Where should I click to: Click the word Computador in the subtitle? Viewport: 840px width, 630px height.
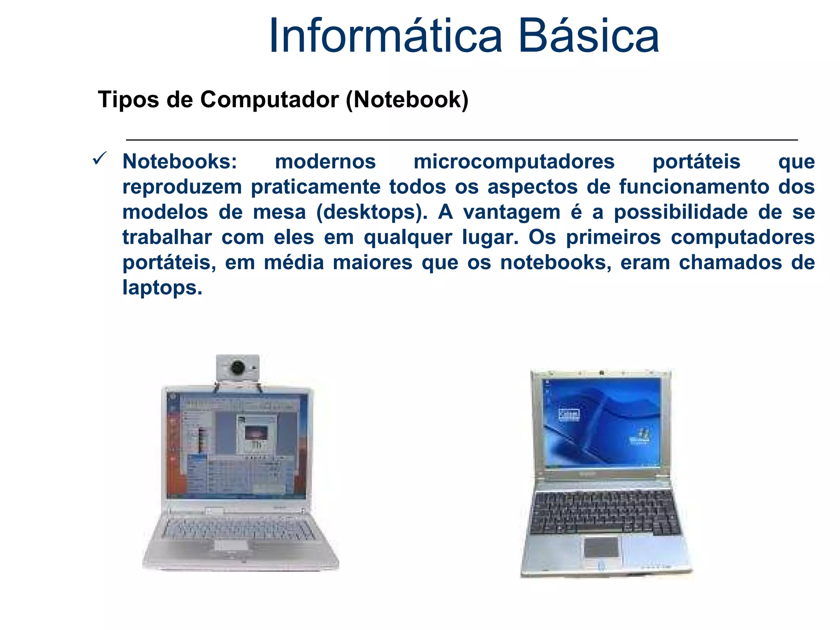[x=269, y=100]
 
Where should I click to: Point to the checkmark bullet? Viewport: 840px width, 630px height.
[x=100, y=158]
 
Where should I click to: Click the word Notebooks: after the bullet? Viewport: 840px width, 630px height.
[x=180, y=162]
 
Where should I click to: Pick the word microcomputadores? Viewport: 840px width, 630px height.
[x=514, y=162]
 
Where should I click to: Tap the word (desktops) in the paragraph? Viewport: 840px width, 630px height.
[x=372, y=212]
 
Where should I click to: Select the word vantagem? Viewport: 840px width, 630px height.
[x=511, y=212]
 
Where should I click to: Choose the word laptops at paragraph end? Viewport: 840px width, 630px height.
[x=162, y=288]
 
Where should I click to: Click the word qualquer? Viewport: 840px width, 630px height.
[x=408, y=237]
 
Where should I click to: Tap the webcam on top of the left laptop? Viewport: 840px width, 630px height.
[x=238, y=367]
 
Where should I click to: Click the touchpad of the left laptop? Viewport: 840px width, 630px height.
[x=231, y=545]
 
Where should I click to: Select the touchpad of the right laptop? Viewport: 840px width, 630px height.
[x=601, y=548]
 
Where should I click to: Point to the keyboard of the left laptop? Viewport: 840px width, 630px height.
[x=239, y=528]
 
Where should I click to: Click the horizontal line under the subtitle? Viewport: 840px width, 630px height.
[x=462, y=140]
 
